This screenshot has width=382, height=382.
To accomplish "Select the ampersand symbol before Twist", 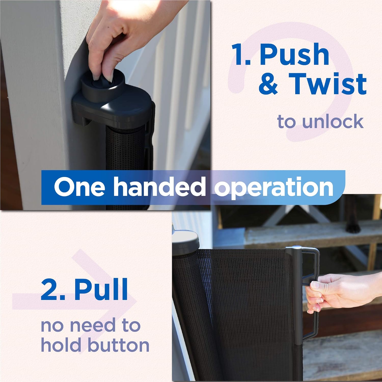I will [x=268, y=84].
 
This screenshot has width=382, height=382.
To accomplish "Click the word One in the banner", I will [x=79, y=187].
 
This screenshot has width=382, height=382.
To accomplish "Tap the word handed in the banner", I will [x=159, y=187].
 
